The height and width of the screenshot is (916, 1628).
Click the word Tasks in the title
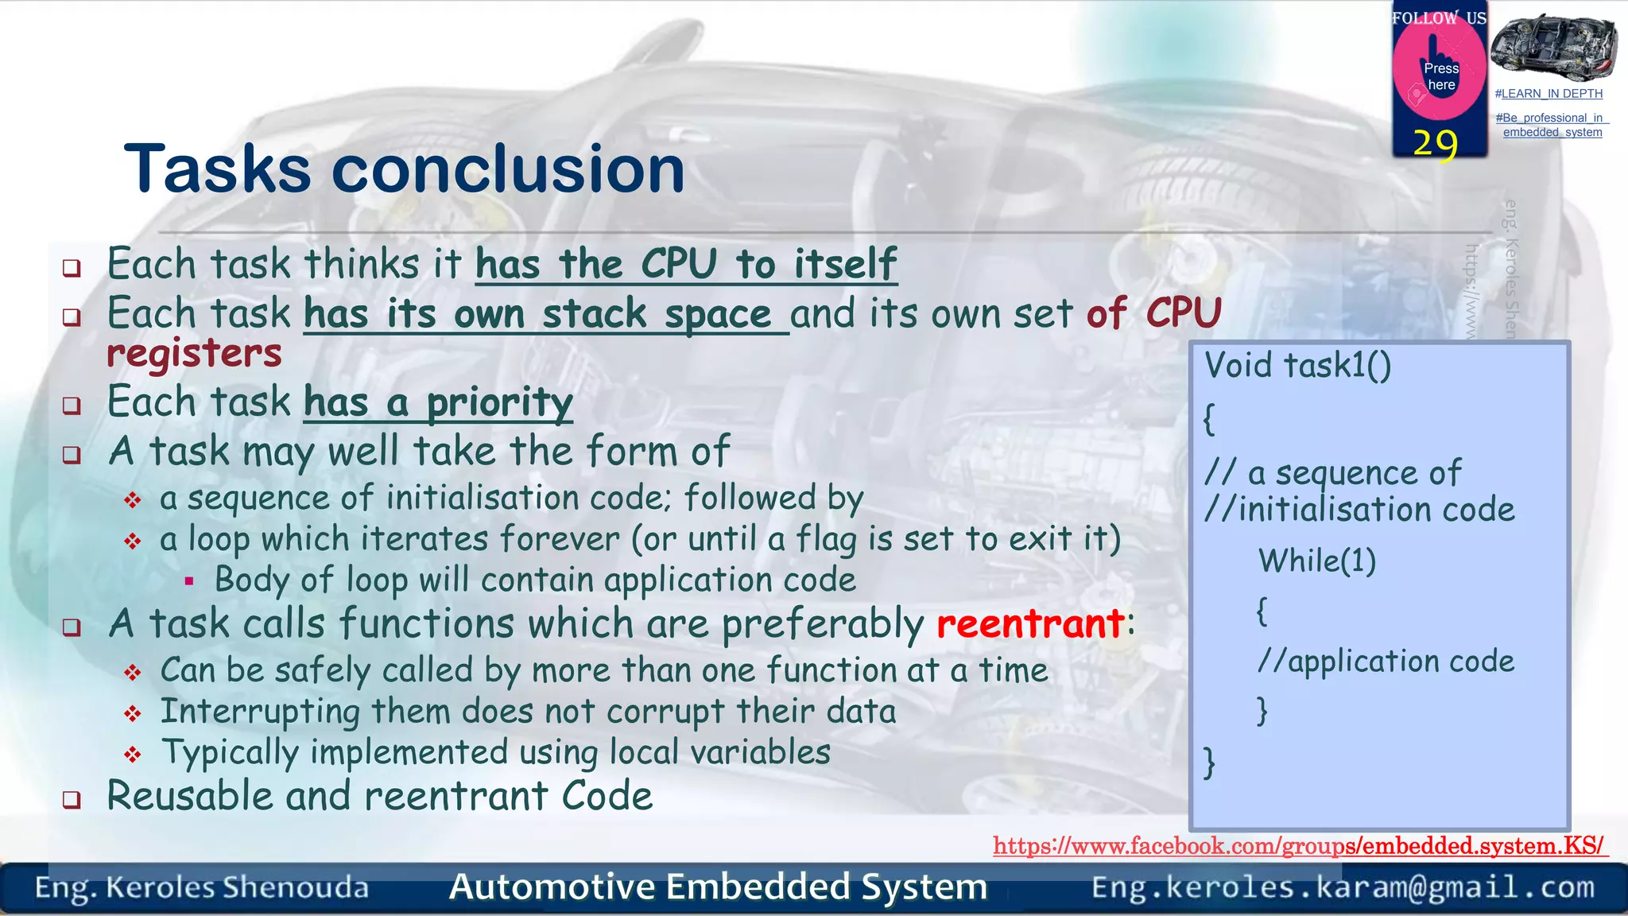click(217, 169)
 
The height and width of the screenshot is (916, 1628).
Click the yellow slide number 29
click(1435, 144)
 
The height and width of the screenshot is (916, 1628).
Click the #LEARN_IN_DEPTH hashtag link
click(1549, 94)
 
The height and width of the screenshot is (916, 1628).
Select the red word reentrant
click(1030, 624)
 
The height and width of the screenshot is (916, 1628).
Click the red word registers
click(195, 354)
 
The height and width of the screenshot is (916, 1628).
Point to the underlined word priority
click(499, 403)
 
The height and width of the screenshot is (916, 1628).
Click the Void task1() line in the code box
click(1297, 366)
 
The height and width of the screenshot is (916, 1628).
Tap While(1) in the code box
click(1317, 561)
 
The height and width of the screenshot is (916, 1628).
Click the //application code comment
click(1386, 662)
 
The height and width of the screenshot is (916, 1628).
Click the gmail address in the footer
click(1343, 887)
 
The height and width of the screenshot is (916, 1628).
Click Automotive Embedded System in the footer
click(718, 887)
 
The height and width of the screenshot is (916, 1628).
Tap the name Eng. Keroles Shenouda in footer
click(202, 887)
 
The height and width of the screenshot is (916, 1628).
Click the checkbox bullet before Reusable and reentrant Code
click(72, 799)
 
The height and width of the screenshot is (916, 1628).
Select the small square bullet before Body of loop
click(189, 581)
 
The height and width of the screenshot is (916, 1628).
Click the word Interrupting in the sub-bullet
click(260, 712)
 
